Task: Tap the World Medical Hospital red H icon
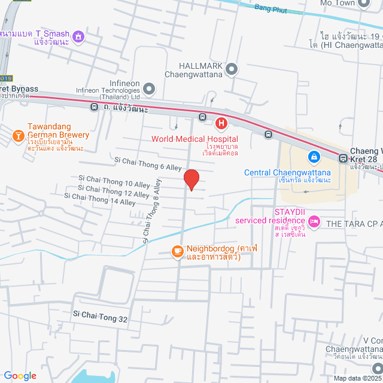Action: pyautogui.click(x=221, y=124)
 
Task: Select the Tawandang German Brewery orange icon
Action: pyautogui.click(x=19, y=136)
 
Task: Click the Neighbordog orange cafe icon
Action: pyautogui.click(x=177, y=251)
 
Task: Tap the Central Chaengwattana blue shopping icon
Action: pyautogui.click(x=313, y=157)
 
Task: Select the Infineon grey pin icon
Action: pyautogui.click(x=149, y=89)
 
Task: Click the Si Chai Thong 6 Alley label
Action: pyautogui.click(x=147, y=163)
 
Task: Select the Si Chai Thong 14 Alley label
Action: pyautogui.click(x=99, y=199)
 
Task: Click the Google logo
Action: pyautogui.click(x=19, y=375)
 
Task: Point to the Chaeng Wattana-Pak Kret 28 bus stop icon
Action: pyautogui.click(x=343, y=159)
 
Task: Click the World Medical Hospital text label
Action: pyautogui.click(x=186, y=139)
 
